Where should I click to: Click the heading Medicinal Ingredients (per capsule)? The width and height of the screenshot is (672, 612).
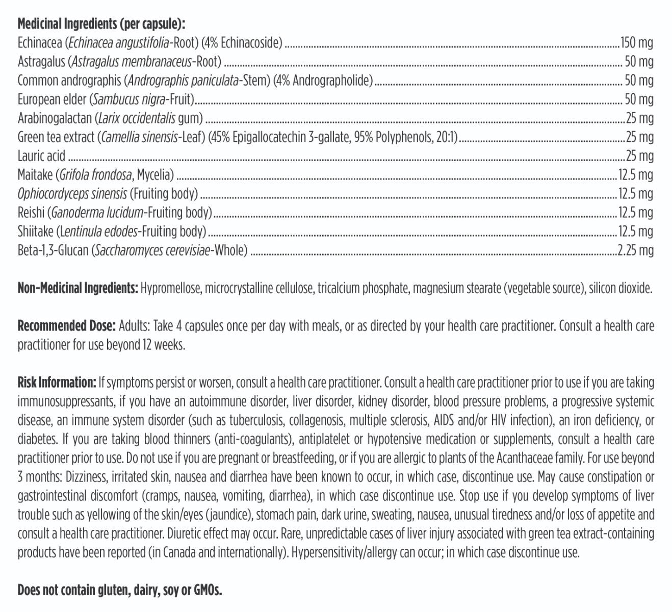point(101,24)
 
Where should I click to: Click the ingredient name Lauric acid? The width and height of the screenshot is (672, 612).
point(41,156)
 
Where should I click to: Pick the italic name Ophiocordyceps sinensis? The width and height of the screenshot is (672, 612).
point(72,194)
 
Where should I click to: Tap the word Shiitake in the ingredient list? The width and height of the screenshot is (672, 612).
point(35,232)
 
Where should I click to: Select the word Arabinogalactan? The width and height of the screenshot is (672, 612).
point(54,118)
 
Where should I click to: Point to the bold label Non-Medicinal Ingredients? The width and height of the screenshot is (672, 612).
point(77,288)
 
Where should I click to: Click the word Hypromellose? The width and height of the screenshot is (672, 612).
point(171,288)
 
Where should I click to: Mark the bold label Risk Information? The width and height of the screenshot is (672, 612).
point(57,382)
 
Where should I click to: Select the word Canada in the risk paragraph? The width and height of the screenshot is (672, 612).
point(176,552)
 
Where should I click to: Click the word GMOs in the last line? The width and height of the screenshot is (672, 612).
point(207,590)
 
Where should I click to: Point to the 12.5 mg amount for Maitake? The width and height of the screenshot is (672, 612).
point(635,175)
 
